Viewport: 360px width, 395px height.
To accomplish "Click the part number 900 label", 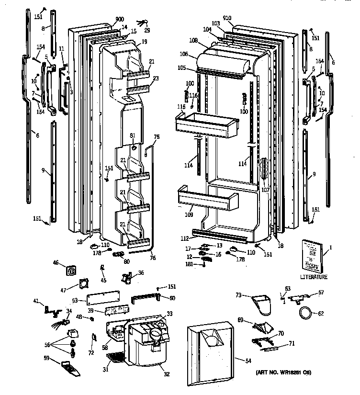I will point(119,20).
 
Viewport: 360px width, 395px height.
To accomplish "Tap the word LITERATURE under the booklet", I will point(314,277).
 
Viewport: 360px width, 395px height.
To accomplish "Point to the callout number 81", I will point(133,136).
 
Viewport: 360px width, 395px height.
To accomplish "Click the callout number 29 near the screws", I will point(147,30).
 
